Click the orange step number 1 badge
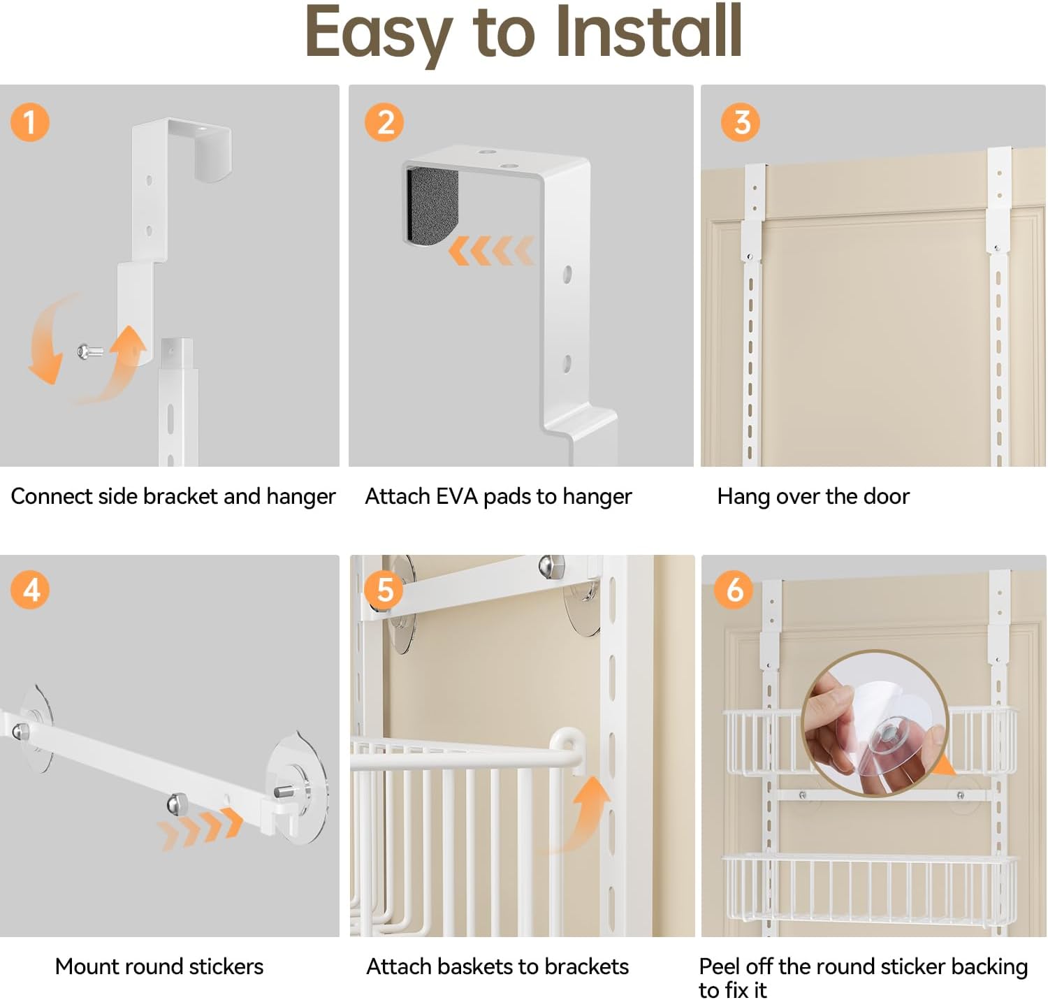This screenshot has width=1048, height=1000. click(x=30, y=122)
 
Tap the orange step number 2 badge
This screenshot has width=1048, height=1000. click(x=384, y=122)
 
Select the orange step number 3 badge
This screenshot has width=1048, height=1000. click(x=741, y=122)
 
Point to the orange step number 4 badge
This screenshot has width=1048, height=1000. click(x=30, y=590)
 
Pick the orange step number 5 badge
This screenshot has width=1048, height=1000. click(x=384, y=590)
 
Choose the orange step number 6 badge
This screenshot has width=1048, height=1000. click(x=734, y=590)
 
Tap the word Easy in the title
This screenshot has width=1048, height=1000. click(x=379, y=35)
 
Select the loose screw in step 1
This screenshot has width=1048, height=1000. click(x=89, y=352)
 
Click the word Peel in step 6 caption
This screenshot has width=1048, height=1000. click(x=719, y=966)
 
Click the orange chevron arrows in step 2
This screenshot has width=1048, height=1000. click(x=491, y=251)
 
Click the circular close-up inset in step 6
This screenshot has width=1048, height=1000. click(x=875, y=724)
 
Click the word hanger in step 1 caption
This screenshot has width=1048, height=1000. click(x=300, y=498)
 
